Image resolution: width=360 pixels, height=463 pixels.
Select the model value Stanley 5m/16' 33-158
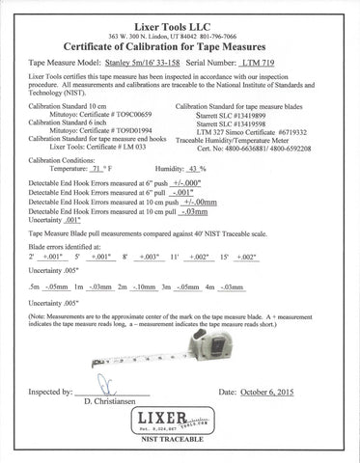[162, 60]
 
